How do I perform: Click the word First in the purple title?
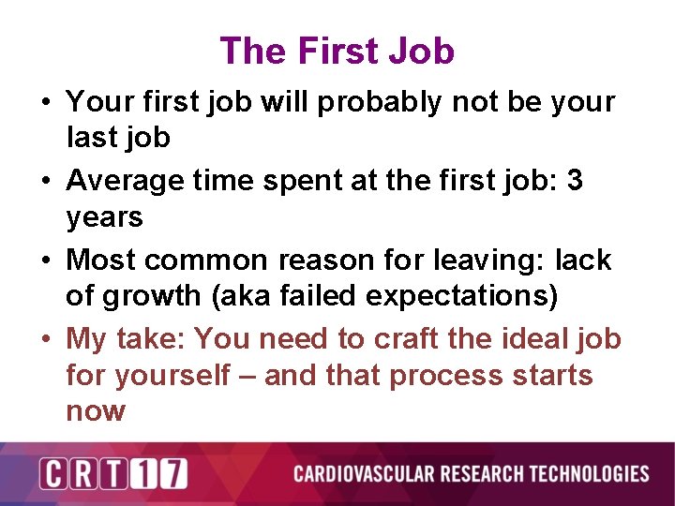pos(337,51)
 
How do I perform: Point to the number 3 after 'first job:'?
pos(574,180)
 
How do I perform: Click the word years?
pos(104,217)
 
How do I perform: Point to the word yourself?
pos(173,375)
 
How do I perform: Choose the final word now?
pos(96,411)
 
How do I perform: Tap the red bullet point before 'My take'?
pos(46,338)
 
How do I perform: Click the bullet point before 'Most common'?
pos(46,260)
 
